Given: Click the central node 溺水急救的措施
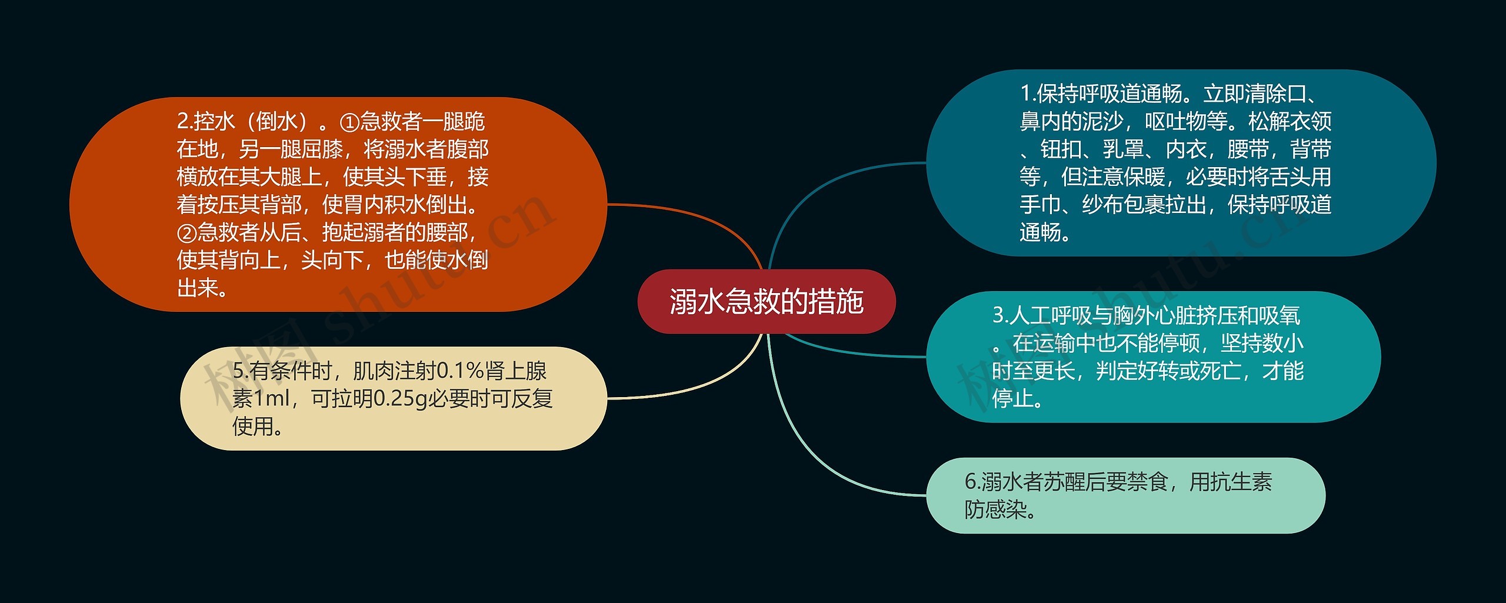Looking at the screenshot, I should (x=766, y=302).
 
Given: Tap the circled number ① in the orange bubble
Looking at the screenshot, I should (x=349, y=122).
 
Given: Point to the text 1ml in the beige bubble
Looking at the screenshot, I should (x=271, y=399).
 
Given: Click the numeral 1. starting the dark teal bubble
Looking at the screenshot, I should (x=1027, y=94).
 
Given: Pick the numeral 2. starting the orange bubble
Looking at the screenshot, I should (x=184, y=122).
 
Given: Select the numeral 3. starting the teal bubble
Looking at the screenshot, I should (x=1000, y=316).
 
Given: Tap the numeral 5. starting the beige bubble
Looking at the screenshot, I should (x=240, y=371).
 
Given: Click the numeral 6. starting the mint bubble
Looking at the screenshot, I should (x=972, y=482).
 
